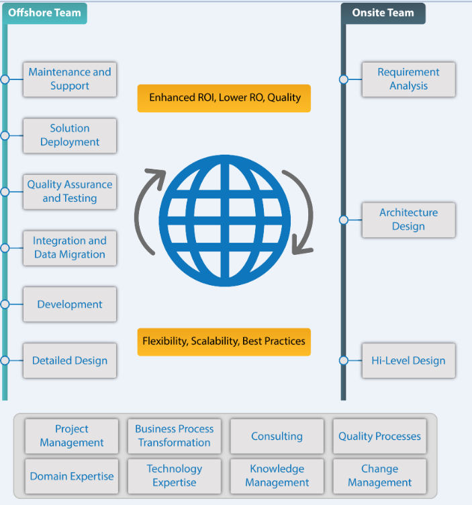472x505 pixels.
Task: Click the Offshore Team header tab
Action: (x=44, y=13)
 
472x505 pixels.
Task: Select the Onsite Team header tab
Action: (x=383, y=13)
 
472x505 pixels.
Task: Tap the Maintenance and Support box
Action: (x=70, y=79)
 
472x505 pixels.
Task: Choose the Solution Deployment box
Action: (x=70, y=135)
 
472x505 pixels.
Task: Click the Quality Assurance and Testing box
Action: (x=70, y=192)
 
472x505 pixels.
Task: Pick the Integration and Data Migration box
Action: (x=70, y=247)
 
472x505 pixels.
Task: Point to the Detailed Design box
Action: (x=70, y=360)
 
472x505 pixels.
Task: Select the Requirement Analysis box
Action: (x=408, y=79)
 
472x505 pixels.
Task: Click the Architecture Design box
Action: (x=408, y=219)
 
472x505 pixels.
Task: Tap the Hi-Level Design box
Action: (x=408, y=360)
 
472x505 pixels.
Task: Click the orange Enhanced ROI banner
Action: (x=224, y=98)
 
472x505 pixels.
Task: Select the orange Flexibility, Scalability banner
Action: (x=224, y=341)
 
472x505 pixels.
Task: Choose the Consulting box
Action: (x=277, y=436)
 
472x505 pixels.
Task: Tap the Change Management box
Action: (x=379, y=475)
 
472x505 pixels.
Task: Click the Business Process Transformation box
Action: (x=174, y=436)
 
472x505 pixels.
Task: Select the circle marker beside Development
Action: (x=5, y=304)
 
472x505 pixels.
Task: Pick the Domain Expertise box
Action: (x=72, y=476)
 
